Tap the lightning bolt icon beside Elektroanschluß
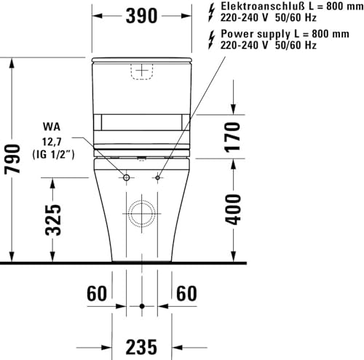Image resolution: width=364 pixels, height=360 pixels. point(211,12)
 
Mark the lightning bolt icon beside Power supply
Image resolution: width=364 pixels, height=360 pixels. point(211,39)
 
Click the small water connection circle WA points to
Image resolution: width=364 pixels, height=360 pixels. point(126,177)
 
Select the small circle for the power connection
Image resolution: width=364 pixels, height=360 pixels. point(157,177)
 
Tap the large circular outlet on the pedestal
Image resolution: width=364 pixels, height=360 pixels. point(141,216)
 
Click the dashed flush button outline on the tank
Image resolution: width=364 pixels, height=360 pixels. point(141,71)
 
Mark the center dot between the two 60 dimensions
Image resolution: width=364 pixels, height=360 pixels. point(142,304)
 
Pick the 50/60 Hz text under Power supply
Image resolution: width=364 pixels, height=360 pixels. point(295,45)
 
